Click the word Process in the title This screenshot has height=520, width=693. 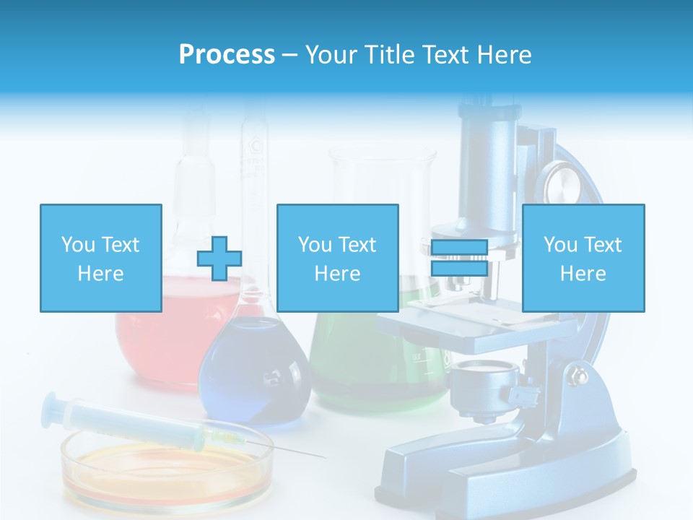point(227,55)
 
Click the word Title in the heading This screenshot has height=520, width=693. point(388,55)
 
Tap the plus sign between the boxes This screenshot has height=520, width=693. point(219,259)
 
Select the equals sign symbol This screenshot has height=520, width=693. point(460,259)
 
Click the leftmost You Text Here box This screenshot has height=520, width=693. point(100,258)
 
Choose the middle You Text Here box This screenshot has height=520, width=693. point(337,258)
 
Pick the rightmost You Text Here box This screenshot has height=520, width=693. point(583,258)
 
